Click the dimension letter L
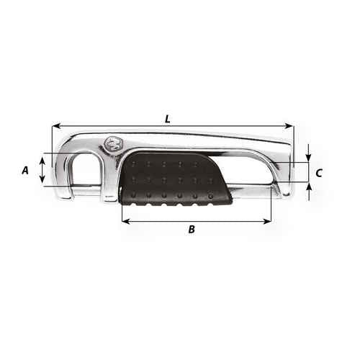[x=168, y=119]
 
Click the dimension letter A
[x=25, y=170]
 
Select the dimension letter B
[x=192, y=229]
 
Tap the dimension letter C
[x=319, y=173]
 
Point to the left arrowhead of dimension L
[x=56, y=126]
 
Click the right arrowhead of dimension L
[x=289, y=126]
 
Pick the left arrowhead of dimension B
[x=126, y=221]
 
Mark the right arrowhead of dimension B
[x=267, y=221]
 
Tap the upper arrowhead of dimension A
[x=42, y=161]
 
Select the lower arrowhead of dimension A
[x=42, y=179]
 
